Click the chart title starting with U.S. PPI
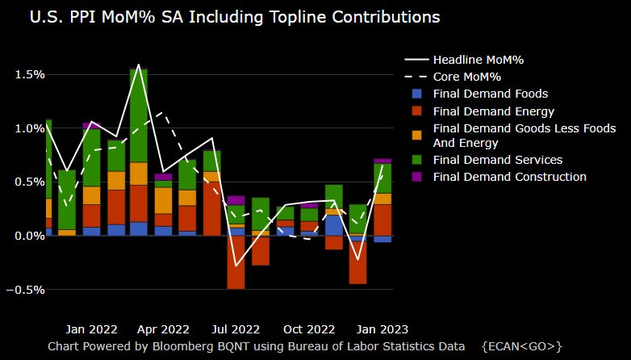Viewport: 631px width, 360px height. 234,16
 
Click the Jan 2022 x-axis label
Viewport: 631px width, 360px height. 91,329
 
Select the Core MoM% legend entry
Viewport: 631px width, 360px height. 466,77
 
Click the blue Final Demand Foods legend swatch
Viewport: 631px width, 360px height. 416,94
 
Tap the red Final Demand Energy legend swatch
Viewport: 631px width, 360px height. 416,111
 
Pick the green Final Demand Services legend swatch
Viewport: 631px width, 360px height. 416,160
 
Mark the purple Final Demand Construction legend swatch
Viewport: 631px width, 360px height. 416,177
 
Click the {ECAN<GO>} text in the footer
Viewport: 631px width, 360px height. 521,346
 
